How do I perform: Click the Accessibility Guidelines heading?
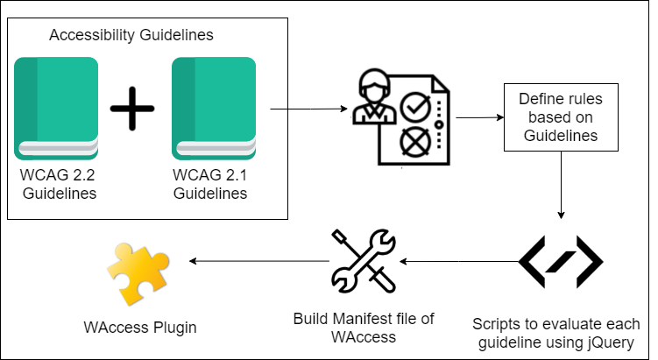131,35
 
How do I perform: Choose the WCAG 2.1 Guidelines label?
210,184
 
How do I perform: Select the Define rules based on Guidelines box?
560,117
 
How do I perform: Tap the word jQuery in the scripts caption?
610,342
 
